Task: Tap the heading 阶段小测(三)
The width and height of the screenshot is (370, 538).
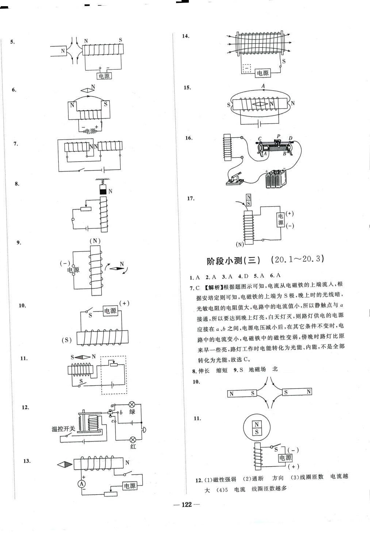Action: point(234,261)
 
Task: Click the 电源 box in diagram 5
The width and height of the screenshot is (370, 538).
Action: point(104,76)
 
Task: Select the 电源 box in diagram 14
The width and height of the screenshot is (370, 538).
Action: point(262,73)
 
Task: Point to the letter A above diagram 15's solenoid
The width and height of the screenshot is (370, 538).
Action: point(263,86)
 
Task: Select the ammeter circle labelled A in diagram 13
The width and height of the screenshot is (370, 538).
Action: point(82,483)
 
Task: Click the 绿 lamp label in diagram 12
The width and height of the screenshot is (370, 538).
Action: point(132,412)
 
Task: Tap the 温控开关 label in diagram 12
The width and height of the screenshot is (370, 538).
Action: point(63,429)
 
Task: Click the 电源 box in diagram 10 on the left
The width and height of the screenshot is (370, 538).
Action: point(110,311)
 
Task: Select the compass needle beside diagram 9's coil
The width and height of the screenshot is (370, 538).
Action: point(117,269)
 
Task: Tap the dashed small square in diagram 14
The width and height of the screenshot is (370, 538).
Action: point(247,68)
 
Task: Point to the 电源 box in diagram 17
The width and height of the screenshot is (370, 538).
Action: point(280,220)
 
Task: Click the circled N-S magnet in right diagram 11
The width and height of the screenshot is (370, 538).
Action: point(257,428)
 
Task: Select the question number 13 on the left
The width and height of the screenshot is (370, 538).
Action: point(27,461)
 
